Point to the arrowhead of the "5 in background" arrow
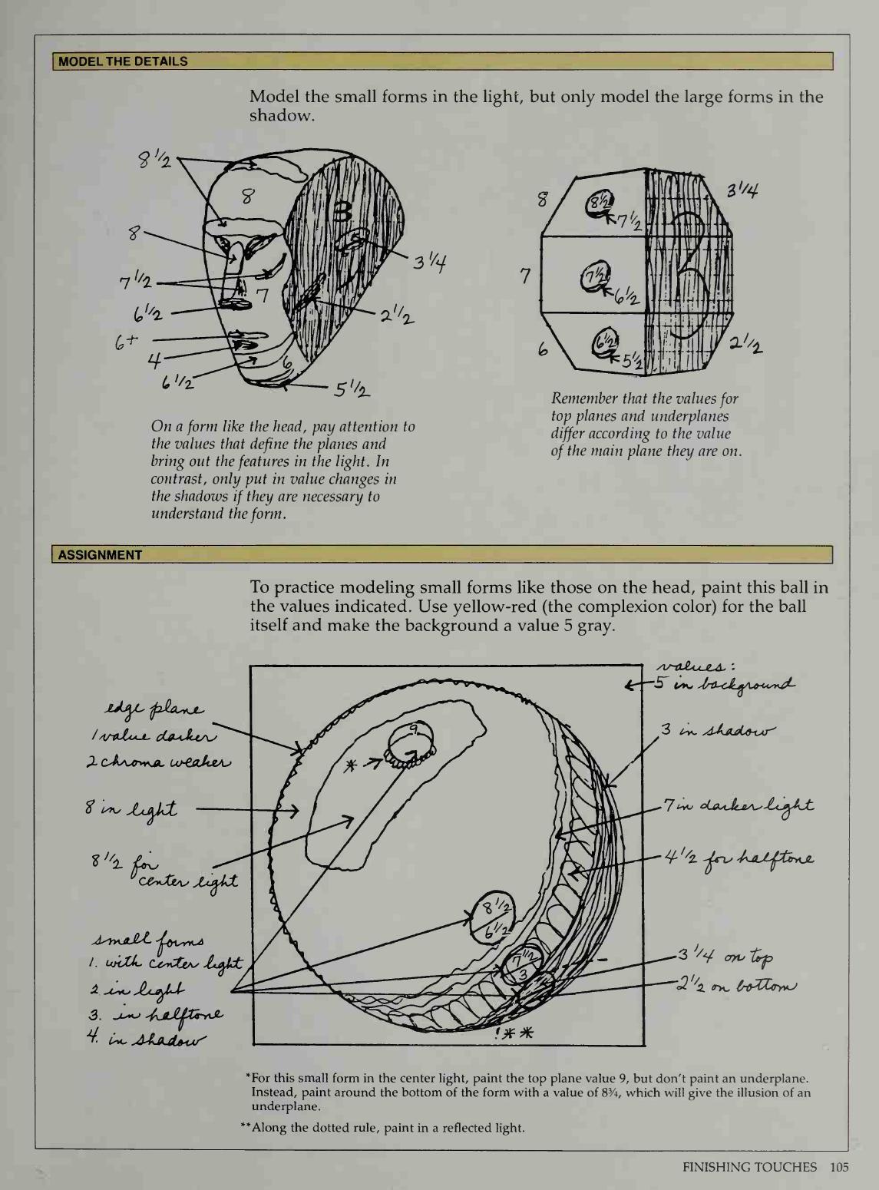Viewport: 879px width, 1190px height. (626, 686)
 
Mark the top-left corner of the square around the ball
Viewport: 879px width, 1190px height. (250, 666)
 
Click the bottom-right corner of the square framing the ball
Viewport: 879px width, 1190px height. (645, 1046)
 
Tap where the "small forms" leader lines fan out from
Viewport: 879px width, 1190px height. (232, 991)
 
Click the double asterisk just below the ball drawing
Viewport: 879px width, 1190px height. (520, 1033)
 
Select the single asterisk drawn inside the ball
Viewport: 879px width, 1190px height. (351, 765)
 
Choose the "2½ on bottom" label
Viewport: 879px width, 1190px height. (737, 984)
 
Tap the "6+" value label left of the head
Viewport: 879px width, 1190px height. (126, 342)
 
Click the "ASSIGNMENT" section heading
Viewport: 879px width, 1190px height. (100, 555)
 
